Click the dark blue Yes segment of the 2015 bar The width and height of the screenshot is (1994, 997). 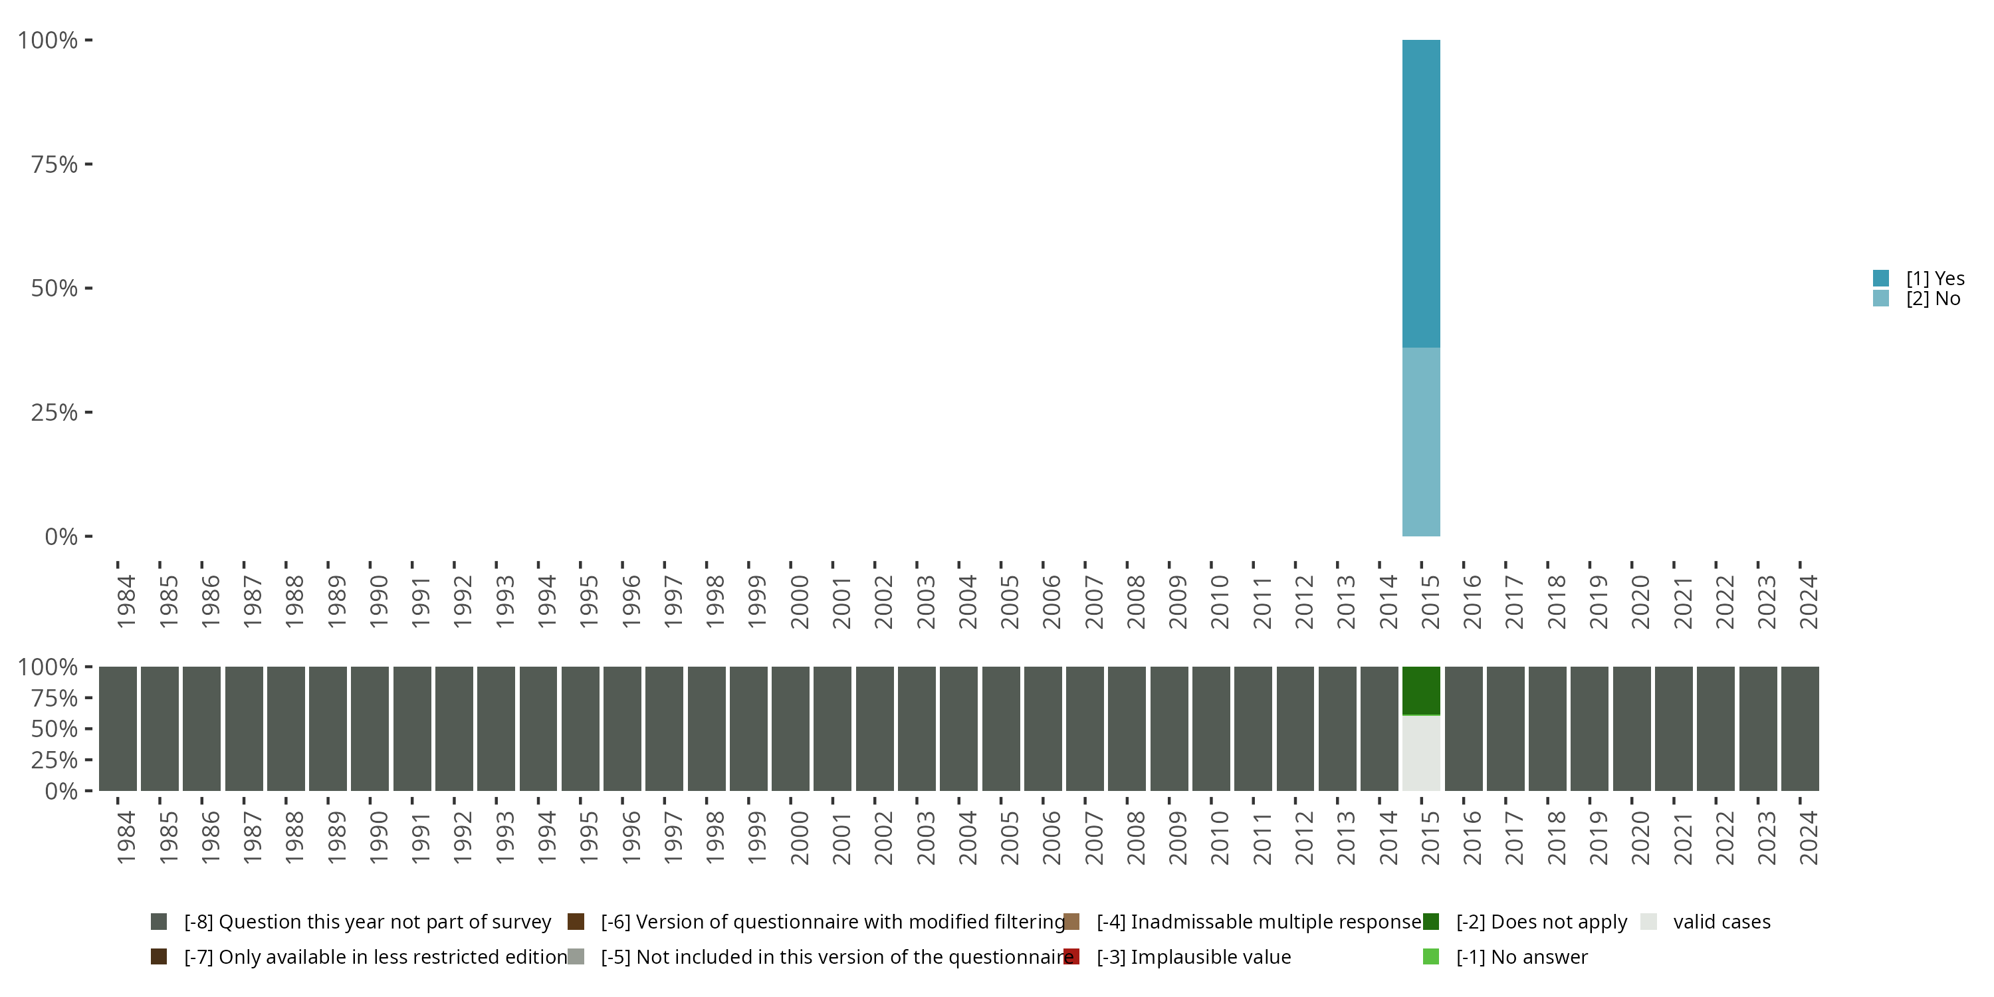[1421, 193]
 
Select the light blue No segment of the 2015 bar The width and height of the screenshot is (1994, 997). [1421, 441]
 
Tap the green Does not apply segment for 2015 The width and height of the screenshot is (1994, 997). [1421, 691]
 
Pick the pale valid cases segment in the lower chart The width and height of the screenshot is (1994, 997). [1421, 752]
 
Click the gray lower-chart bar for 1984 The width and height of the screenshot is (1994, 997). [118, 728]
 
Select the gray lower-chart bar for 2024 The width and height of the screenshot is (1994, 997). [1800, 728]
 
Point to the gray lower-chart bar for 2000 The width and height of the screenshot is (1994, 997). [790, 728]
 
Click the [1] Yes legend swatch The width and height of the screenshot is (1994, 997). [1881, 278]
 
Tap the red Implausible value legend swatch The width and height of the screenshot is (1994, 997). [1071, 956]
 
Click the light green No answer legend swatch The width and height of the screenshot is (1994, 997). [1430, 956]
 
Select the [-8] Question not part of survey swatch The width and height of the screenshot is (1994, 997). [159, 921]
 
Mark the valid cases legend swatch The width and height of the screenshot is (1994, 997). [1649, 921]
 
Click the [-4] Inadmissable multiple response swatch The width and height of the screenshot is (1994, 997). [1071, 921]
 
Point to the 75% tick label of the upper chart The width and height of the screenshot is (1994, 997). [55, 164]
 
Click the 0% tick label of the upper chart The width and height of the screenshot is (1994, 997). [61, 536]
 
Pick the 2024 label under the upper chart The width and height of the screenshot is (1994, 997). [1808, 602]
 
